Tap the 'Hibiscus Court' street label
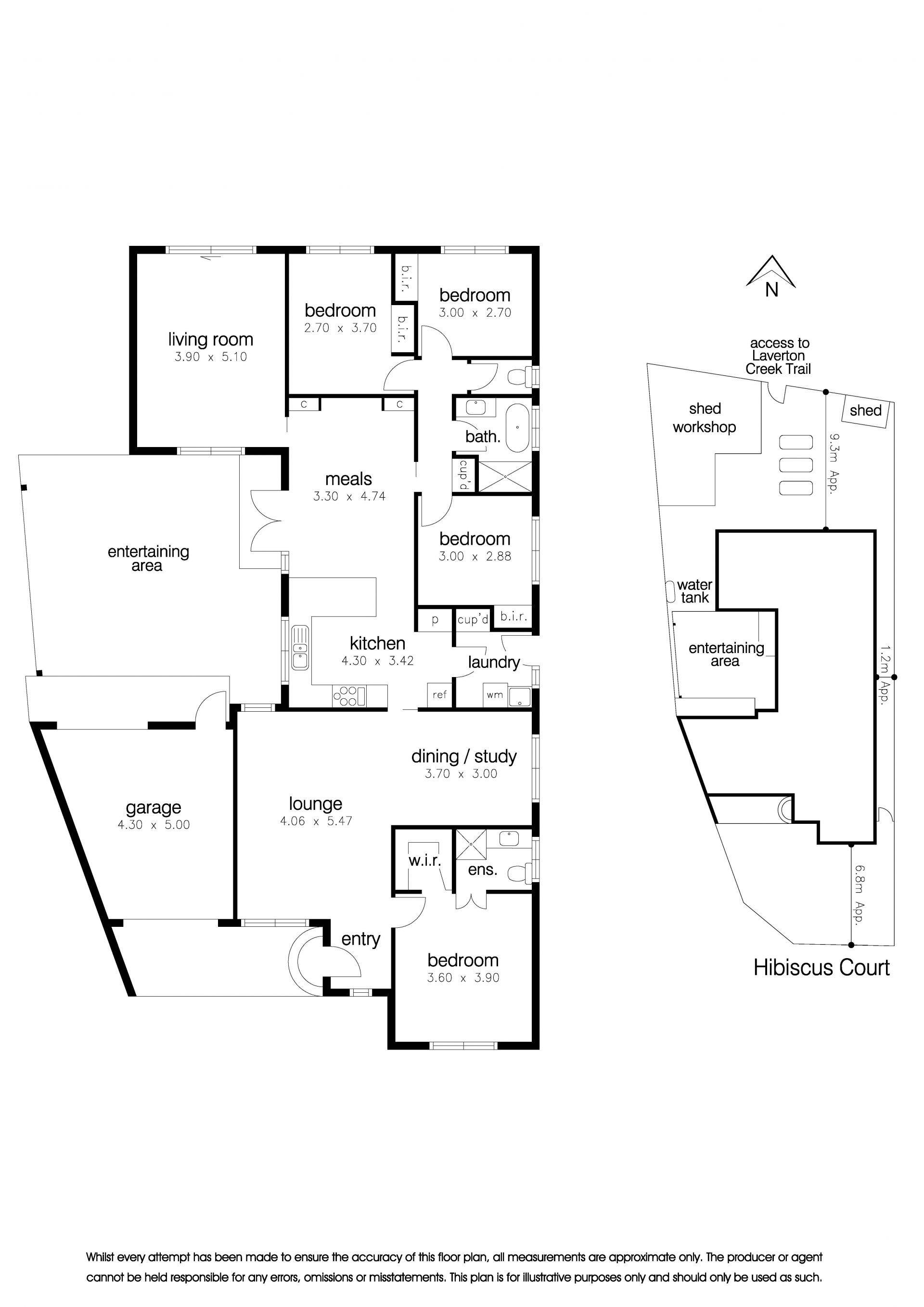click(x=821, y=968)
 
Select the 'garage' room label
click(x=153, y=808)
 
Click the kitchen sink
click(x=299, y=647)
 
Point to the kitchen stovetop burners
click(x=348, y=696)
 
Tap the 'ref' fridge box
click(x=439, y=694)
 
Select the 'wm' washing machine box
click(x=495, y=694)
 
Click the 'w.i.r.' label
click(x=425, y=860)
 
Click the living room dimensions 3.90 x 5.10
click(x=211, y=357)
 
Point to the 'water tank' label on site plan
click(x=694, y=591)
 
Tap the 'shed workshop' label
click(x=705, y=418)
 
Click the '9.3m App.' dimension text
click(x=834, y=463)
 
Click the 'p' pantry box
click(x=435, y=620)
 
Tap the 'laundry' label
click(x=494, y=662)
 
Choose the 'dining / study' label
click(x=464, y=756)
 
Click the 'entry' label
click(x=361, y=939)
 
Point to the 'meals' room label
click(x=348, y=479)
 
